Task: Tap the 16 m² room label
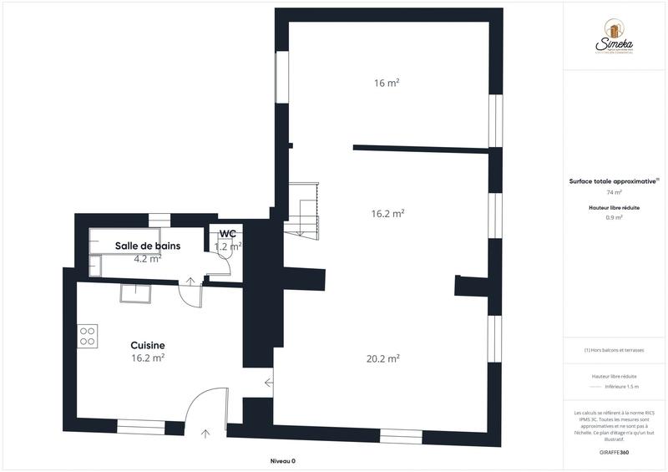point(386,83)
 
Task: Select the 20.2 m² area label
point(383,358)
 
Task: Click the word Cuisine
point(147,345)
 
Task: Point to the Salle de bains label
point(148,246)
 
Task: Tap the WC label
point(227,234)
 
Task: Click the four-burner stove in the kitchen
point(88,335)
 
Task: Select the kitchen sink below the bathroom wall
point(134,294)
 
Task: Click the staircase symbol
point(301,209)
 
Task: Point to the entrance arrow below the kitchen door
point(206,433)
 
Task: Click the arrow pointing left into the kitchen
point(269,383)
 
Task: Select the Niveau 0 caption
point(283,461)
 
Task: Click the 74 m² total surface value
point(614,192)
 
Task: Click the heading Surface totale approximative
point(614,180)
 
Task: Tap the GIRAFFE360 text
point(614,451)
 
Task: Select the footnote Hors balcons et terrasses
point(614,350)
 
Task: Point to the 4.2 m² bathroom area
point(147,259)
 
